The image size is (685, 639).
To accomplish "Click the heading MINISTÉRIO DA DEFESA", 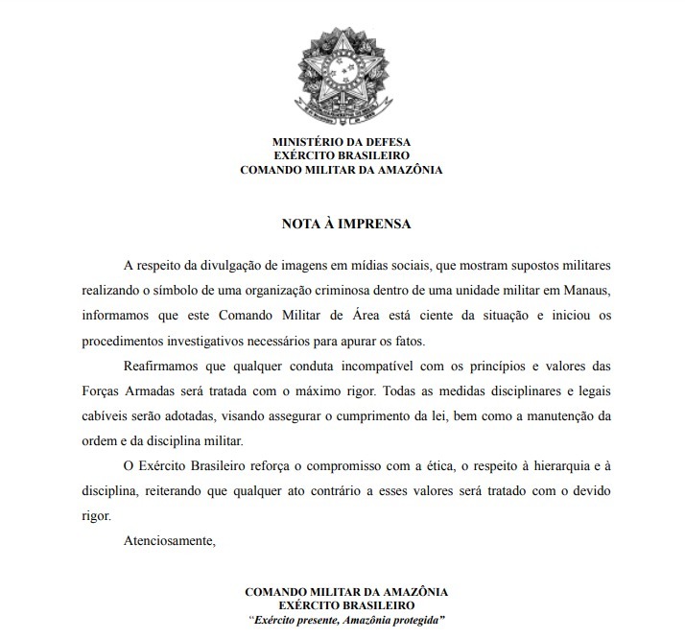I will tap(342, 141).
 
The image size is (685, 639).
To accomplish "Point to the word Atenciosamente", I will tap(170, 540).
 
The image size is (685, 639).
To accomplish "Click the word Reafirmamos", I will tap(164, 366).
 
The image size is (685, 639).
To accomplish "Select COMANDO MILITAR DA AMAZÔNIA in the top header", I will tap(342, 170).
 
